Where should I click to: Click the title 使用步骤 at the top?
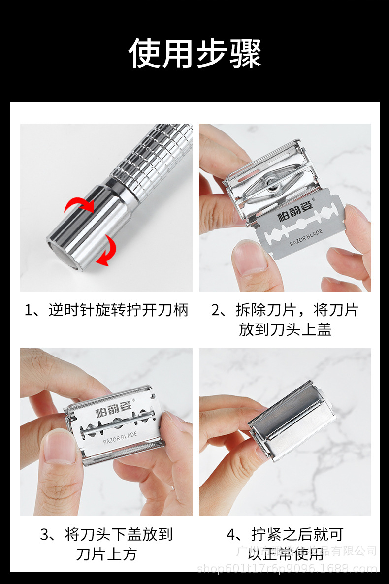194,53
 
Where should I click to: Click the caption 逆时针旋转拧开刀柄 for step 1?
106,310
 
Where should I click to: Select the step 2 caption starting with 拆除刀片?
285,310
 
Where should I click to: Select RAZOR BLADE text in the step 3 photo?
120,436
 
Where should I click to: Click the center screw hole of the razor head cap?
273,186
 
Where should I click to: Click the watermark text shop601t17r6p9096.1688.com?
287,569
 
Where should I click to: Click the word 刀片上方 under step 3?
106,554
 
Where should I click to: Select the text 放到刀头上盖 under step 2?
285,329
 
